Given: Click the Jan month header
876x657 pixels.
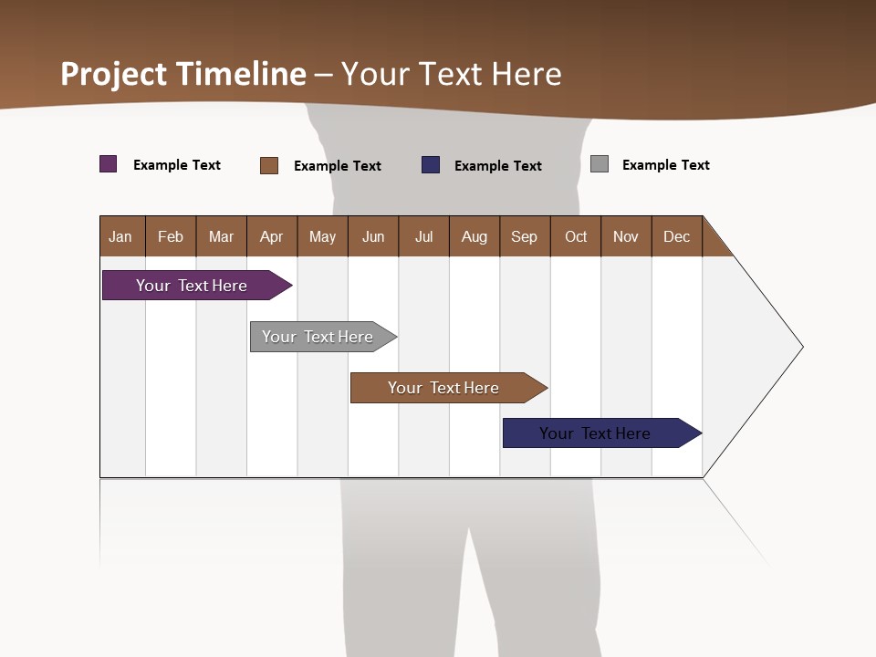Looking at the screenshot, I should tap(121, 236).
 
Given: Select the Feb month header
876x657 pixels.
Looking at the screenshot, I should tap(171, 236).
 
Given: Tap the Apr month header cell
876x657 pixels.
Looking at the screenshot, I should tap(272, 236).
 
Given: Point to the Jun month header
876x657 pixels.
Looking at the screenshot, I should tap(373, 236).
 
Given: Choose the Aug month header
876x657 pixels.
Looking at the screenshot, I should tap(474, 236).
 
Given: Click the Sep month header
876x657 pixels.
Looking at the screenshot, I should tap(525, 236).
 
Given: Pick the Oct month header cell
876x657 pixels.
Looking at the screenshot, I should tap(576, 236).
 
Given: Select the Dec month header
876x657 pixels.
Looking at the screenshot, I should tap(677, 236).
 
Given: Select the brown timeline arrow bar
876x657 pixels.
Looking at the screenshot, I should tap(444, 388).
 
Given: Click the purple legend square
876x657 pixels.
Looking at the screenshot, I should tap(109, 164).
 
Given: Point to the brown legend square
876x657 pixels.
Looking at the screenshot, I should tap(269, 165).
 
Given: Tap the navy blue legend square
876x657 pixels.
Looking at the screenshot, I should tap(431, 165).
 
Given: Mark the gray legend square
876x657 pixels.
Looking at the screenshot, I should tap(600, 164).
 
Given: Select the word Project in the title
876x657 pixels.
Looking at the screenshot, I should tap(114, 74).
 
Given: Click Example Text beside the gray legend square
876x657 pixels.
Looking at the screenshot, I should tap(665, 165).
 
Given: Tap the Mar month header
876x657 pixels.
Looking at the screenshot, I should tap(221, 236).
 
